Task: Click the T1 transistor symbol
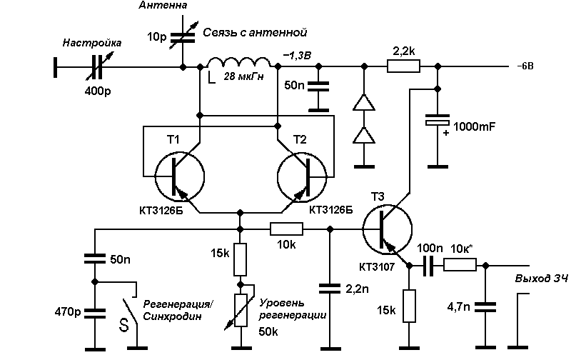click(180, 176)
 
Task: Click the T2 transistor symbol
click(302, 176)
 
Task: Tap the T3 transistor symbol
click(388, 229)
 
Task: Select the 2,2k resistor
click(403, 66)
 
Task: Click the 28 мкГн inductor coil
click(238, 64)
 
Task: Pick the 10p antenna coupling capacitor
click(183, 36)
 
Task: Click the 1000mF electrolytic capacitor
click(438, 120)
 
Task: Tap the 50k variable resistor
click(240, 310)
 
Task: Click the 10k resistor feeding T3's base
click(286, 229)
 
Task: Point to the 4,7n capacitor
click(485, 307)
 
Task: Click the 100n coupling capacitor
click(429, 266)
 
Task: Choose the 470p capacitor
click(95, 314)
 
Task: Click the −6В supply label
click(525, 66)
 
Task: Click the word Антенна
click(163, 5)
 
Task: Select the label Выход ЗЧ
click(542, 279)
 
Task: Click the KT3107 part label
click(377, 267)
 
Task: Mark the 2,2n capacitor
click(330, 289)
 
